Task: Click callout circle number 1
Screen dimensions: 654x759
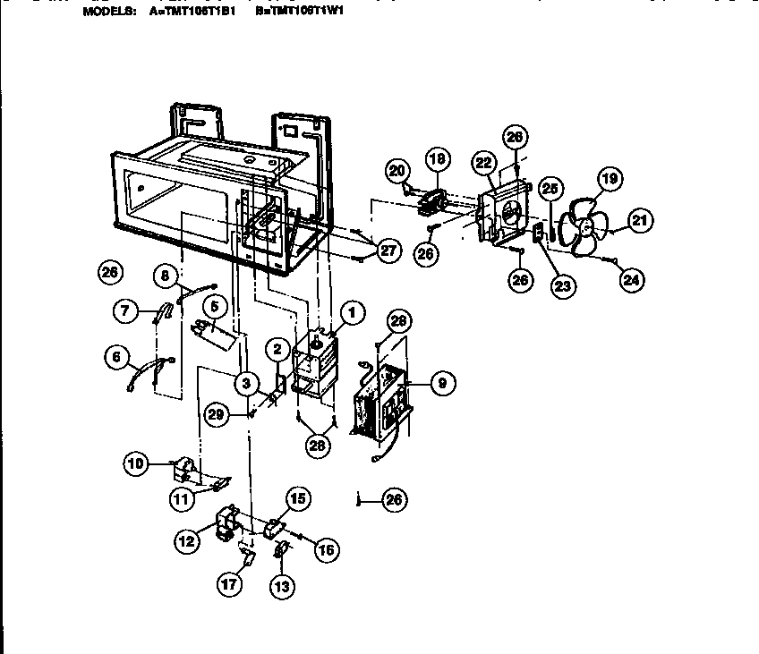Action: (x=352, y=312)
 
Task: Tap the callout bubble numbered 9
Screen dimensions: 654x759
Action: (x=441, y=384)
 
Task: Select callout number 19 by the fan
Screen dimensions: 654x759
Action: (x=609, y=180)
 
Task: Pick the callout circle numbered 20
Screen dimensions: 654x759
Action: (x=397, y=170)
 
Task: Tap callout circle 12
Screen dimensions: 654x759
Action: (x=187, y=539)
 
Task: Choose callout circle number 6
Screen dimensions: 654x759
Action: (x=115, y=357)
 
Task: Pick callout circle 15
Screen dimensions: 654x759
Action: (x=298, y=500)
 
